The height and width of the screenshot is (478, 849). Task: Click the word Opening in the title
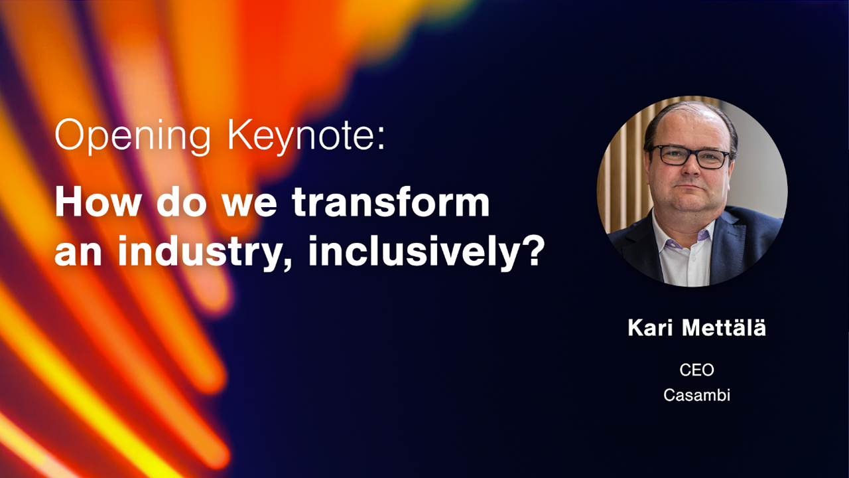coord(132,137)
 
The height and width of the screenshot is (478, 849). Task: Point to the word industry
coord(205,252)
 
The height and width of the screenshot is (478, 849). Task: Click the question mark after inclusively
coord(535,250)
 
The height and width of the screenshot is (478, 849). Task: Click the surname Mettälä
coord(724,327)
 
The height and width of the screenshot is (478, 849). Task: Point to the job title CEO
coord(696,370)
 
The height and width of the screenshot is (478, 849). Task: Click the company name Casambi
coord(696,395)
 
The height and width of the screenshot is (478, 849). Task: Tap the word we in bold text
coord(249,205)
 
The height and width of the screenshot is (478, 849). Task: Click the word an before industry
coord(78,254)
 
